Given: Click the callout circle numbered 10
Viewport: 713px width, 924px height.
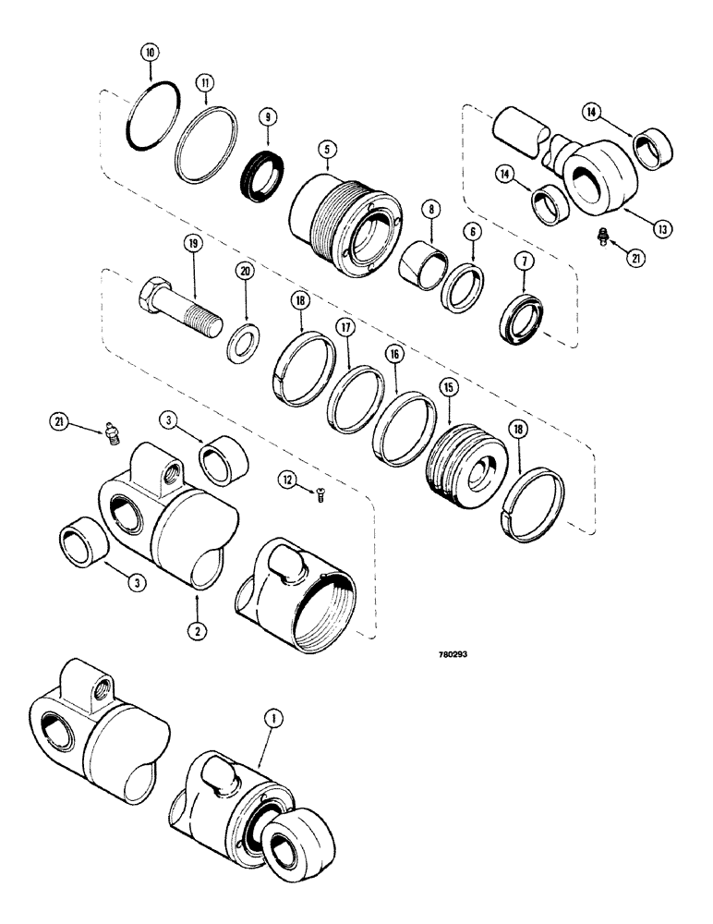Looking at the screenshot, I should click(149, 51).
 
